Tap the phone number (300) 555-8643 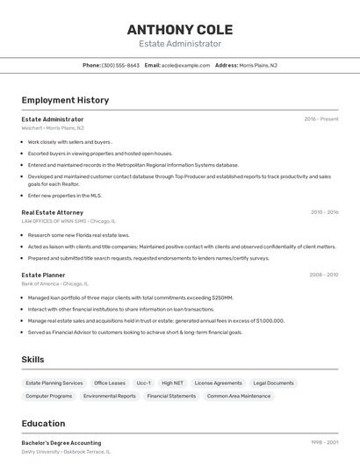pos(121,65)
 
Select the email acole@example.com pos(184,65)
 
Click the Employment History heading pos(65,100)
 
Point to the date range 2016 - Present pos(321,118)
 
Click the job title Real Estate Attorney pos(53,212)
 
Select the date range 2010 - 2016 pos(324,212)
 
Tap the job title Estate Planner pos(43,275)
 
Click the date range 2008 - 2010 pos(324,275)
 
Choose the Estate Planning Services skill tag pos(54,383)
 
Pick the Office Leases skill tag pos(110,383)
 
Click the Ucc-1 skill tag pos(143,383)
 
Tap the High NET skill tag pos(172,383)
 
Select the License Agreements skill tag pos(218,383)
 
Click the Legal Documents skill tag pos(273,383)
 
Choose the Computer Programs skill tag pos(49,396)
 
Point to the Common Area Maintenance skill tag pos(239,396)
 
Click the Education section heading pos(44,423)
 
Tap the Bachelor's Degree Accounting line pos(61,443)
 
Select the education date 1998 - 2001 pos(325,443)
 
